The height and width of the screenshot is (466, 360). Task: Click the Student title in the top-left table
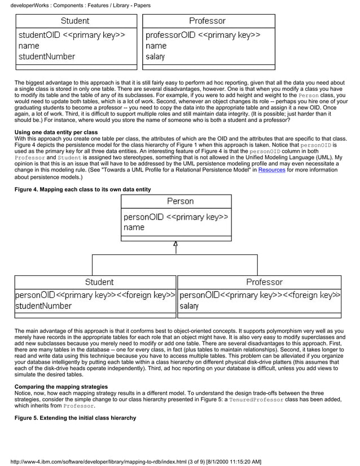pyautogui.click(x=75, y=21)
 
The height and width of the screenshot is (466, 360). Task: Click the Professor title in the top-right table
pyautogui.click(x=207, y=21)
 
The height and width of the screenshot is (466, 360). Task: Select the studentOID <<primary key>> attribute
pyautogui.click(x=71, y=35)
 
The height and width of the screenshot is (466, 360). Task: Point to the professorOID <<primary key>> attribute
pyautogui.click(x=203, y=35)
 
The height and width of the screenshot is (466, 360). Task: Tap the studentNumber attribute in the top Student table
pyautogui.click(x=46, y=56)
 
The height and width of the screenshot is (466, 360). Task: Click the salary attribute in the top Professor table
pyautogui.click(x=155, y=56)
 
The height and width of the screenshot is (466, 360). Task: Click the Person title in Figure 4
pyautogui.click(x=180, y=201)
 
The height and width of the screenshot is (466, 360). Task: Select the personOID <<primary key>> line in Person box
pyautogui.click(x=175, y=217)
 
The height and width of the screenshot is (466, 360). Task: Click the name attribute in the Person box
pyautogui.click(x=134, y=227)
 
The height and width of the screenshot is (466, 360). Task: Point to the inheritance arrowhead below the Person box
pyautogui.click(x=176, y=244)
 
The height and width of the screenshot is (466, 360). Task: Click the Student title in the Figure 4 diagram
pyautogui.click(x=99, y=282)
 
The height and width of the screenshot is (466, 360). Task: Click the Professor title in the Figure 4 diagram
pyautogui.click(x=264, y=282)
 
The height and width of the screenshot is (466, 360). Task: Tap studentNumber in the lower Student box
pyautogui.click(x=43, y=306)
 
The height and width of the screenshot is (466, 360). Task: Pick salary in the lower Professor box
pyautogui.click(x=189, y=306)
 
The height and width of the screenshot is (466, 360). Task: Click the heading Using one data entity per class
pyautogui.click(x=56, y=133)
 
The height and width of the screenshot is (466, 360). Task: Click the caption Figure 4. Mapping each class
pyautogui.click(x=82, y=189)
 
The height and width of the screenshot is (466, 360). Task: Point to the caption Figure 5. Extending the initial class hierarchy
pyautogui.click(x=75, y=417)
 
